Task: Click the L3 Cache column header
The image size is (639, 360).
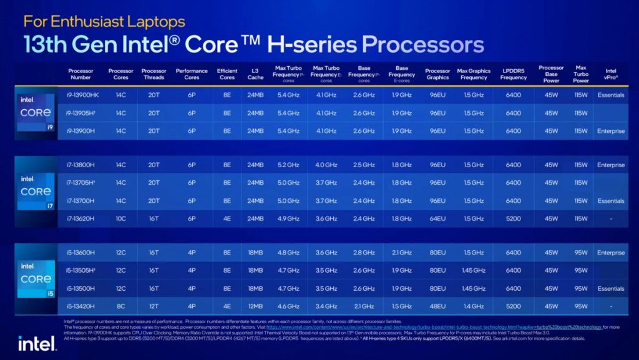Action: (255, 74)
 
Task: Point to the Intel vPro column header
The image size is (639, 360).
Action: (610, 74)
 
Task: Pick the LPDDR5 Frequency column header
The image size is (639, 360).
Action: (513, 74)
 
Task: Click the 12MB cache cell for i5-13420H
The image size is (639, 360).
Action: (255, 306)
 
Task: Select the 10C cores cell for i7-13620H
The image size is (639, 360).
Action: (120, 218)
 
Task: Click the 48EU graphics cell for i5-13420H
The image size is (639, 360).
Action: (437, 306)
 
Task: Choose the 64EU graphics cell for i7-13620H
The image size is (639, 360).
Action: (437, 218)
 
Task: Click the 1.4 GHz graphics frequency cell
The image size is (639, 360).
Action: (474, 306)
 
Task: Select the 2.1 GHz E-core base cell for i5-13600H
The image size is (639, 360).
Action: (402, 253)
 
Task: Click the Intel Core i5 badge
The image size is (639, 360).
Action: (35, 280)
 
